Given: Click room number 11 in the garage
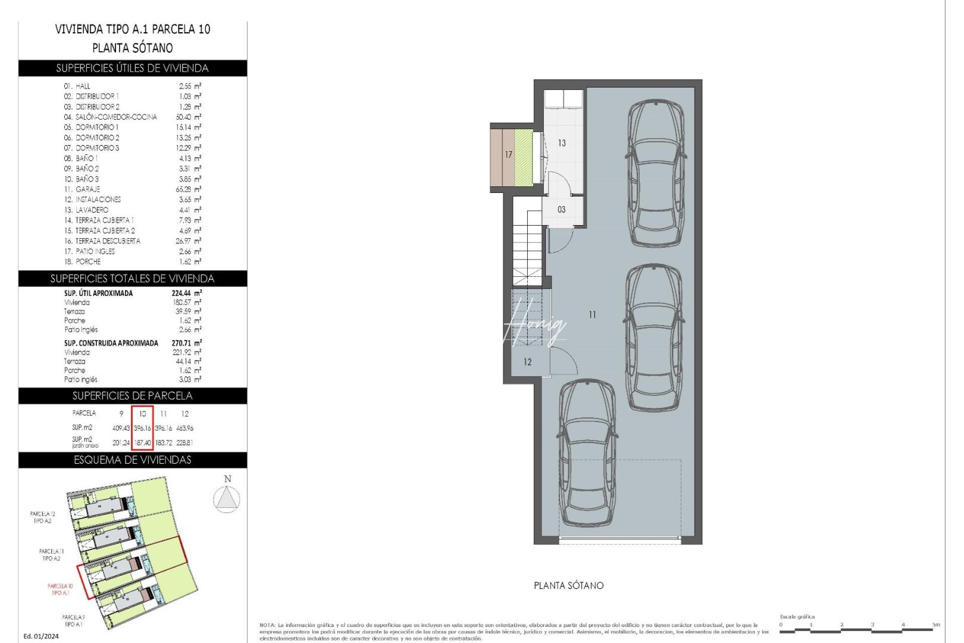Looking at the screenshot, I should pyautogui.click(x=592, y=315).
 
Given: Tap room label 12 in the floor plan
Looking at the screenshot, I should pyautogui.click(x=528, y=362).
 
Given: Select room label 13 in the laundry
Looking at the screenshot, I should pyautogui.click(x=562, y=143).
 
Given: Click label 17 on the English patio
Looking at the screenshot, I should pyautogui.click(x=508, y=155).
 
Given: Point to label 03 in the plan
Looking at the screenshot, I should pyautogui.click(x=562, y=210).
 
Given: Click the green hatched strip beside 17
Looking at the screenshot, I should pyautogui.click(x=524, y=158).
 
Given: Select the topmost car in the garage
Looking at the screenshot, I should pyautogui.click(x=656, y=173).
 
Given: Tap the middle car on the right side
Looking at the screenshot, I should pyautogui.click(x=654, y=338).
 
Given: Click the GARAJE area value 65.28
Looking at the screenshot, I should pyautogui.click(x=187, y=189).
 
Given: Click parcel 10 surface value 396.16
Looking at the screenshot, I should pyautogui.click(x=142, y=428).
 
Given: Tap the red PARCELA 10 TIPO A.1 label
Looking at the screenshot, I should pyautogui.click(x=60, y=589).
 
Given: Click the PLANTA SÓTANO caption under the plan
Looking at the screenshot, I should pyautogui.click(x=568, y=586).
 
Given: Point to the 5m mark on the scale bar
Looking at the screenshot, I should pyautogui.click(x=935, y=625).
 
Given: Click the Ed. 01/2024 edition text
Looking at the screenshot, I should pyautogui.click(x=41, y=636).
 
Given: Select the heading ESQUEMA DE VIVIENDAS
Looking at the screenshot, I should pyautogui.click(x=133, y=460).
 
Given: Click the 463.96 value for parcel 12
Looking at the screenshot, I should pyautogui.click(x=184, y=428).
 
